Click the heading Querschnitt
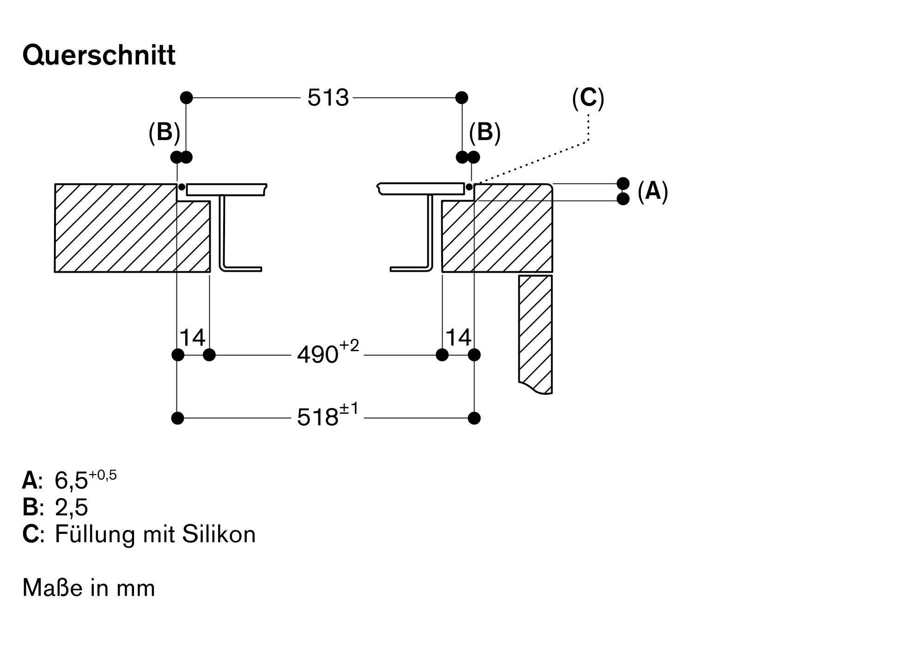[x=99, y=55]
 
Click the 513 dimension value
[x=328, y=98]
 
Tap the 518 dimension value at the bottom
[x=318, y=418]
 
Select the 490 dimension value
[x=318, y=355]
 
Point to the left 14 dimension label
[x=192, y=338]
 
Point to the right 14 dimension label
[x=458, y=337]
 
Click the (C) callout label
[x=588, y=98]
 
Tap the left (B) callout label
[x=164, y=133]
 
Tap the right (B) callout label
[x=485, y=133]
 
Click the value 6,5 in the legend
[x=71, y=481]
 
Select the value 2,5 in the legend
[x=71, y=507]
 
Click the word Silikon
[x=219, y=534]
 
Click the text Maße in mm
[x=89, y=588]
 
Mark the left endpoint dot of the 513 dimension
[x=186, y=98]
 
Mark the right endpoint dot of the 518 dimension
[x=474, y=418]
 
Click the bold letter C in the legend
[x=30, y=534]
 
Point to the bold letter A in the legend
[x=30, y=481]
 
